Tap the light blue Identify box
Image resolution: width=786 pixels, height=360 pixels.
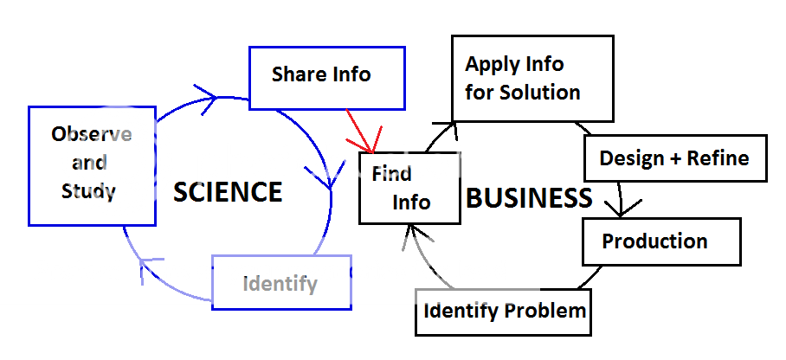pyautogui.click(x=281, y=283)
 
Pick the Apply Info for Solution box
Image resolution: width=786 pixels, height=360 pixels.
pyautogui.click(x=532, y=78)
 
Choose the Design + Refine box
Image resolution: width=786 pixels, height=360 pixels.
pyautogui.click(x=674, y=158)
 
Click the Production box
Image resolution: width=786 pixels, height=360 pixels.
pyautogui.click(x=660, y=241)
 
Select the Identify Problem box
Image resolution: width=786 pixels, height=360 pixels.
pyautogui.click(x=504, y=311)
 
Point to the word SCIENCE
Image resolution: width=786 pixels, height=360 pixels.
pyautogui.click(x=228, y=192)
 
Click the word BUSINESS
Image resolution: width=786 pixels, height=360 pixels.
pyautogui.click(x=529, y=198)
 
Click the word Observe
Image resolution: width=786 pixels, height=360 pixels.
pyautogui.click(x=91, y=135)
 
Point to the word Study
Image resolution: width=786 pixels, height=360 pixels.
pyautogui.click(x=88, y=191)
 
